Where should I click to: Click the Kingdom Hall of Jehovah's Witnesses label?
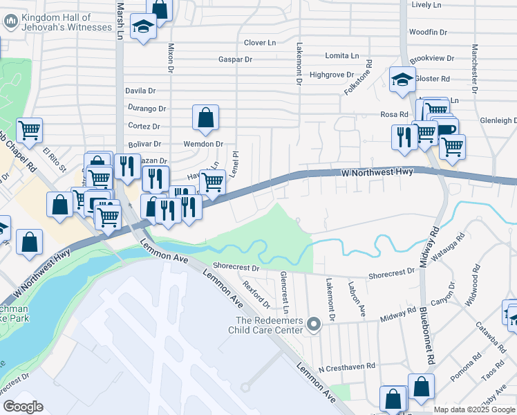tap(66, 22)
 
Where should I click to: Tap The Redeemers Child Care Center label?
tap(268, 325)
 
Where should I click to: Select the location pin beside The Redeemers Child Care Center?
tap(314, 324)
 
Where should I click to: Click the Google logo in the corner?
tap(23, 407)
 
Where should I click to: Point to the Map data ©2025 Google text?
tap(474, 409)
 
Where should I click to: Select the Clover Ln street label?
tap(260, 43)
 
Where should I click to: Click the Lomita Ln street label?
tap(342, 55)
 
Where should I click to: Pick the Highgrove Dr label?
tap(332, 74)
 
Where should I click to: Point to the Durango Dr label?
tap(147, 109)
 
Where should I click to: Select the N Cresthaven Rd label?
tap(346, 365)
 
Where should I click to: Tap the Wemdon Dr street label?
tap(203, 145)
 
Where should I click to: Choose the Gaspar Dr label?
tap(235, 60)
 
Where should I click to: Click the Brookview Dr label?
tap(432, 59)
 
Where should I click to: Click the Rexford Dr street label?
tap(256, 291)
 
